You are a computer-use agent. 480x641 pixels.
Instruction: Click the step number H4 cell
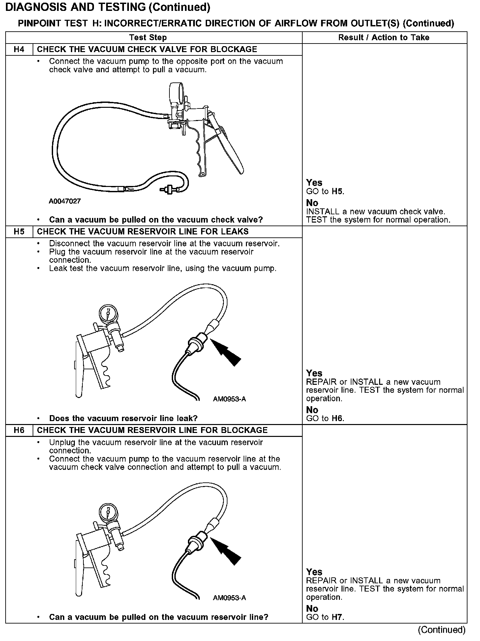pyautogui.click(x=19, y=49)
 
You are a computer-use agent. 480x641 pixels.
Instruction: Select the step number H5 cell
pyautogui.click(x=19, y=232)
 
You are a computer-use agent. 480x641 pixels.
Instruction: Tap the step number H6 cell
pyautogui.click(x=19, y=430)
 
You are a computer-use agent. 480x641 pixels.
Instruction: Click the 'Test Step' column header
pyautogui.click(x=148, y=38)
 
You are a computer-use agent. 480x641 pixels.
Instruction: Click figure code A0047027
pyautogui.click(x=65, y=201)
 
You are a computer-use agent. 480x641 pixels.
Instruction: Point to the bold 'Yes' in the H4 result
pyautogui.click(x=314, y=183)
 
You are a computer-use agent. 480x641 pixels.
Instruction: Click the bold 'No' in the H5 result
pyautogui.click(x=312, y=410)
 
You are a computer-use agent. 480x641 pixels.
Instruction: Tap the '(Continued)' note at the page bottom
pyautogui.click(x=441, y=630)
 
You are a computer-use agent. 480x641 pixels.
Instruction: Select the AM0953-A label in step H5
pyautogui.click(x=229, y=399)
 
